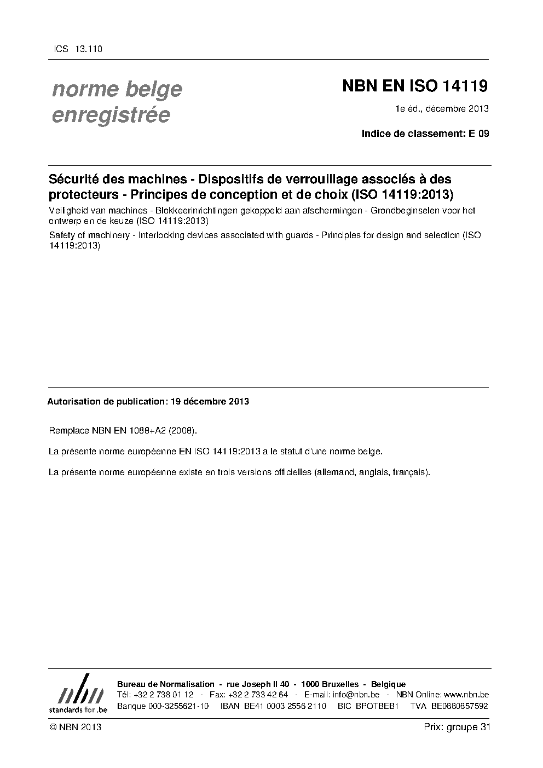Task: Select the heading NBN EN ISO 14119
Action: point(414,86)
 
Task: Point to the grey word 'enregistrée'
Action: point(111,116)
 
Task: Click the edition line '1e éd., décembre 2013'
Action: point(442,108)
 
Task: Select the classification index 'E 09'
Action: point(478,134)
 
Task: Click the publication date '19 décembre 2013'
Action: point(210,402)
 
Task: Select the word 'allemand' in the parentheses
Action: point(334,472)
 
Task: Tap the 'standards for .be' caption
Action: point(78,709)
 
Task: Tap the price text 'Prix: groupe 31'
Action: point(457,727)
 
